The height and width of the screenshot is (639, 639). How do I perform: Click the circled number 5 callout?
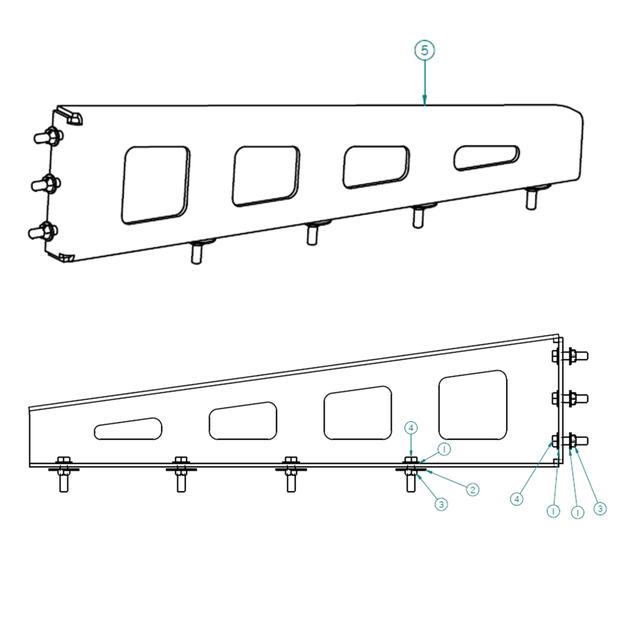[424, 50]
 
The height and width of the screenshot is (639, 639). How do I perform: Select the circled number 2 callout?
[473, 489]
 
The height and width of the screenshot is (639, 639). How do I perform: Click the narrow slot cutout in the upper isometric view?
[487, 157]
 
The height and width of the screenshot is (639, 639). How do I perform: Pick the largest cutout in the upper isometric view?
[155, 185]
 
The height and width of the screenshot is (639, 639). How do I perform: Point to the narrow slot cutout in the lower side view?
[128, 429]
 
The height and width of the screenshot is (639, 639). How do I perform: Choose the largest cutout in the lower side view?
[473, 404]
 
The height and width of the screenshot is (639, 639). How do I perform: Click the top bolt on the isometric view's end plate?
[48, 136]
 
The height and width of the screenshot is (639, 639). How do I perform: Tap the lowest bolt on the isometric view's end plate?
[43, 231]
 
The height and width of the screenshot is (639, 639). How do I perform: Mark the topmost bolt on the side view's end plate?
[570, 356]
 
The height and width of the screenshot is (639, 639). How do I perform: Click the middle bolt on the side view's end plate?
[570, 398]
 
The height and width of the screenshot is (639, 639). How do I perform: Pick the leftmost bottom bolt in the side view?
[64, 474]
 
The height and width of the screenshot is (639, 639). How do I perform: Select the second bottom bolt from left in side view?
[182, 474]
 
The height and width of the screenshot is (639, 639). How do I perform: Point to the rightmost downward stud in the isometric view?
[532, 197]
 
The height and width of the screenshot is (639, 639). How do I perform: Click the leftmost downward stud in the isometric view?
[197, 251]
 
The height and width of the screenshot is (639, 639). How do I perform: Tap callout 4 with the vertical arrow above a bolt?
[411, 427]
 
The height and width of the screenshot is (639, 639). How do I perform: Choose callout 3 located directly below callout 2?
[441, 504]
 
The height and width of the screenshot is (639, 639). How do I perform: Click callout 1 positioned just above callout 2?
[444, 449]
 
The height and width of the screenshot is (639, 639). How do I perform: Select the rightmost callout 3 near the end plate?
[600, 509]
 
